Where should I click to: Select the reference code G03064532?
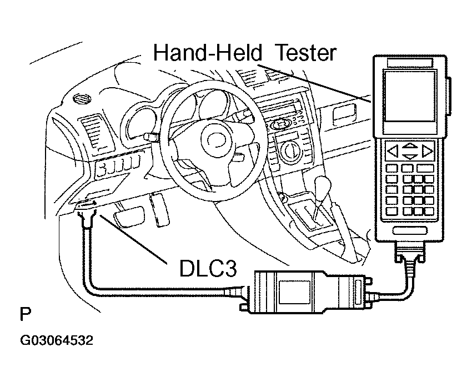point(57,340)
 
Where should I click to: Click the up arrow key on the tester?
point(410,146)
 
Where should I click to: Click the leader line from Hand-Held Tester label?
point(317,83)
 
